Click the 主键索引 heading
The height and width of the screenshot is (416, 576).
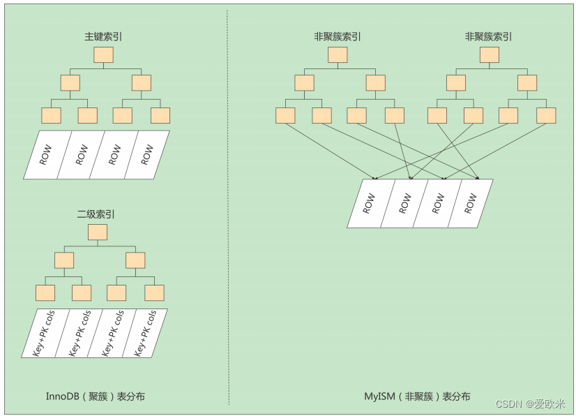[103, 36]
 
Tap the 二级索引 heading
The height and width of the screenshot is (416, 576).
[96, 214]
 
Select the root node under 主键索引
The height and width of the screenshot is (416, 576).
[103, 55]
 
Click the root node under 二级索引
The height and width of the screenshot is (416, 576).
[98, 232]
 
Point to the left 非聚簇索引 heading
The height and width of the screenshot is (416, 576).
[338, 36]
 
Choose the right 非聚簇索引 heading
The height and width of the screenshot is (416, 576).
[489, 36]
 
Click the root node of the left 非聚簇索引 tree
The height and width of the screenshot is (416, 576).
[338, 55]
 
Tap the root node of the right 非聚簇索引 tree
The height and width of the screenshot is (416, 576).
[489, 55]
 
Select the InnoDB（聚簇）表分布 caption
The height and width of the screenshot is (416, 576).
[95, 396]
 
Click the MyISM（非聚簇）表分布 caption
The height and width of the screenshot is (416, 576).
[417, 396]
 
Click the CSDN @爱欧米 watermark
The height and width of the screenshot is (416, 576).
[530, 404]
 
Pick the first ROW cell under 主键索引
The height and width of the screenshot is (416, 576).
[45, 155]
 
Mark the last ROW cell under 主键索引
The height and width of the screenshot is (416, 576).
[147, 155]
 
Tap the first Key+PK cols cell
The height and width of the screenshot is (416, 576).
[44, 334]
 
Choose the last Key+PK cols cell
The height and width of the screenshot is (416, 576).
[145, 334]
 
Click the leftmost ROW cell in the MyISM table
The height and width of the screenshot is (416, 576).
[370, 204]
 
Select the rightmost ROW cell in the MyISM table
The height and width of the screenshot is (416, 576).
[471, 204]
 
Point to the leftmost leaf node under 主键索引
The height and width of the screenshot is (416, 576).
[51, 115]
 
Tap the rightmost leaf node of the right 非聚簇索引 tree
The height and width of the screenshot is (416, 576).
[546, 115]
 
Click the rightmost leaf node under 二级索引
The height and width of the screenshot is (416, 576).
[154, 293]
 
